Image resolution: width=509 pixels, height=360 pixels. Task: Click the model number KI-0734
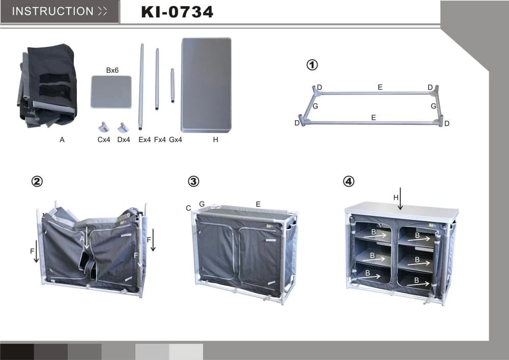tap(177, 12)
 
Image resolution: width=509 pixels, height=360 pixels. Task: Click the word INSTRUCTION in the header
tap(52, 11)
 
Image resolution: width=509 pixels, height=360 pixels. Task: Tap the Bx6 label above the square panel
tap(112, 70)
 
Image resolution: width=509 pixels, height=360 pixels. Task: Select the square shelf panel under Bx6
tap(111, 92)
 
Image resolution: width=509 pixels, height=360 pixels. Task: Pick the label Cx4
tap(104, 140)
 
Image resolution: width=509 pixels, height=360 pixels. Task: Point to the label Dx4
tap(124, 140)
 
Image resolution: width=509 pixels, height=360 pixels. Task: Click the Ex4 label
tap(145, 140)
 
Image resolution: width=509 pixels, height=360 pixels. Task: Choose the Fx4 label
tap(160, 140)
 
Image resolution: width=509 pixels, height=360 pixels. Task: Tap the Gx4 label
tap(176, 140)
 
